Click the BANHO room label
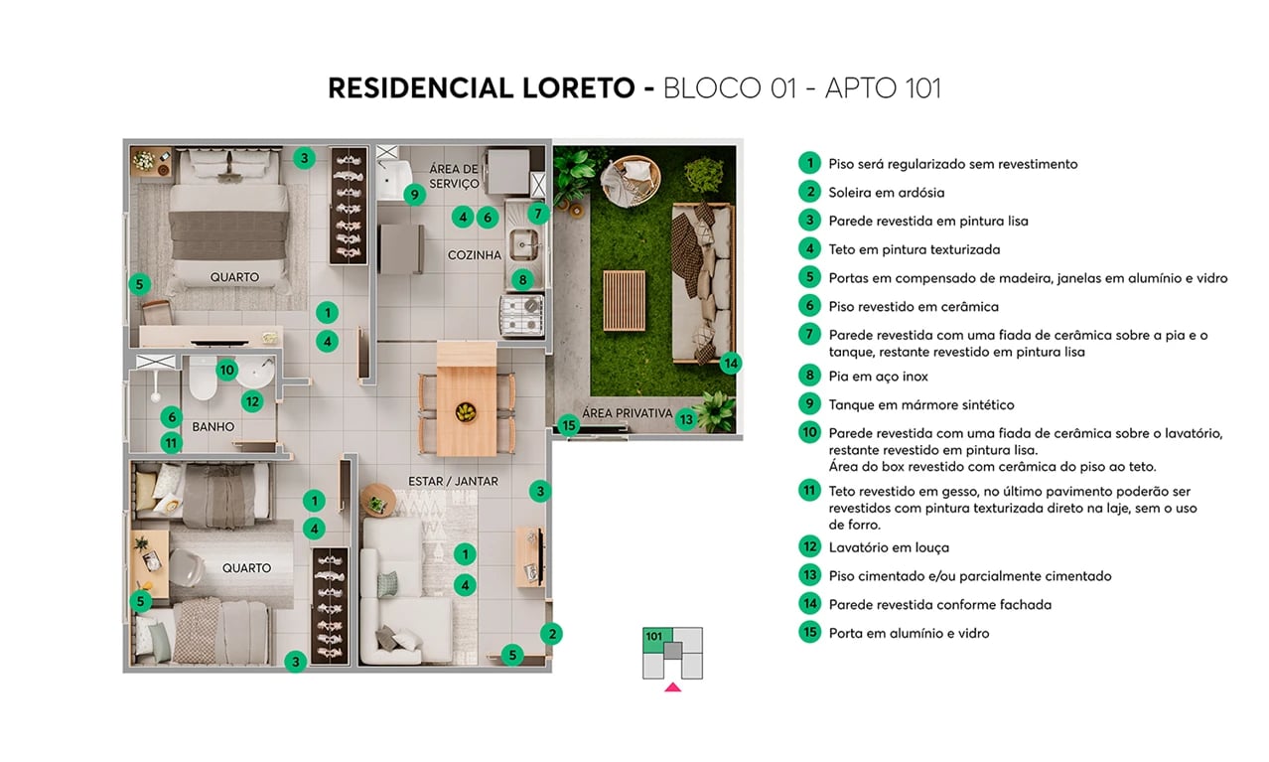tap(212, 427)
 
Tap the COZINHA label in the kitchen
tap(474, 255)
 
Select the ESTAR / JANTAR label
tap(453, 482)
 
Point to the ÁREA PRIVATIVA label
tap(627, 413)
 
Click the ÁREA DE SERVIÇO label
tap(454, 176)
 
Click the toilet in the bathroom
tap(203, 379)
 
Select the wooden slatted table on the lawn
tap(624, 300)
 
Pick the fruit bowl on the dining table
tap(466, 411)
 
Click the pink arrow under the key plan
tap(672, 686)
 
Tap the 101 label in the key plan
tap(653, 637)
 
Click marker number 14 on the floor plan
tap(731, 363)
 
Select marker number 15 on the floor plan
tap(568, 426)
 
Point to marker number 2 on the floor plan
tap(552, 633)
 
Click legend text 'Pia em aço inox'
tap(878, 377)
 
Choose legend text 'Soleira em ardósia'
tap(886, 193)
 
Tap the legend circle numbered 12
tap(809, 546)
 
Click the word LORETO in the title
tap(577, 88)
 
